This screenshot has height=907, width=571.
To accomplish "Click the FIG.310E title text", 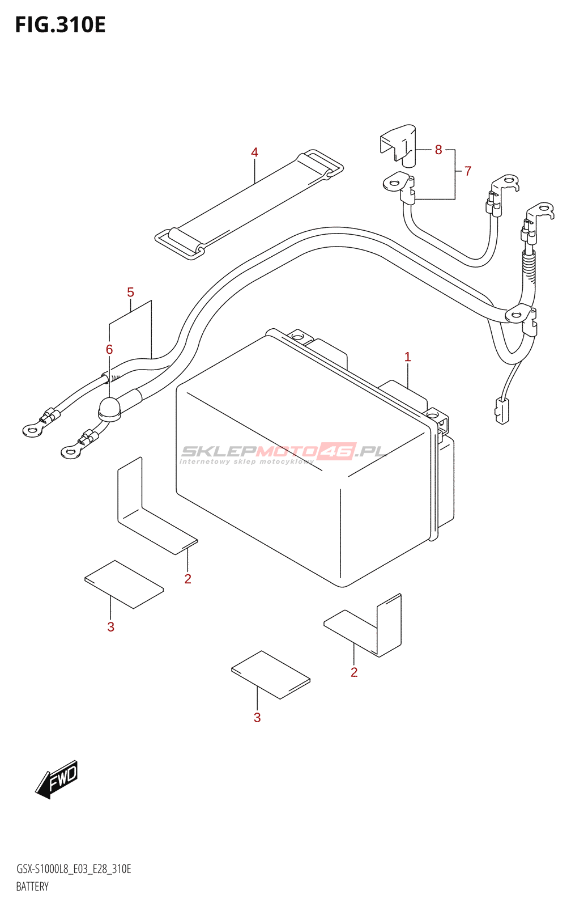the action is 60,25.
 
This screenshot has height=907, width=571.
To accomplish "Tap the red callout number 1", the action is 407,357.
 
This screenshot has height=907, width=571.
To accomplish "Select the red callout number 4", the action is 254,152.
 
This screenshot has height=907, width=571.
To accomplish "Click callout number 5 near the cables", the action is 130,293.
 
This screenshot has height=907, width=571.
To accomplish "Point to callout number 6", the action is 109,350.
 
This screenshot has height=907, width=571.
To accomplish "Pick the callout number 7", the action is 467,171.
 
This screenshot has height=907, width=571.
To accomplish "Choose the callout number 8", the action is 438,150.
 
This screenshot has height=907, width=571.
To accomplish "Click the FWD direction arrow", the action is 57,779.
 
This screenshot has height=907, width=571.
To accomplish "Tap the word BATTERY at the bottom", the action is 32,887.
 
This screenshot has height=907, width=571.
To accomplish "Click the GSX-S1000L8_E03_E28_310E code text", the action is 74,869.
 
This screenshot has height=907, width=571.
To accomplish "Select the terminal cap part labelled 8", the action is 398,145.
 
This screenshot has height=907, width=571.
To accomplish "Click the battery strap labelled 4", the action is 249,205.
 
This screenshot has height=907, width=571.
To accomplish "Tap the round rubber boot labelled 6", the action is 110,409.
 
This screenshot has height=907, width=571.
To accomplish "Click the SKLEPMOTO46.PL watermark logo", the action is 283,452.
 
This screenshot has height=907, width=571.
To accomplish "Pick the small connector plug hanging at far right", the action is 502,410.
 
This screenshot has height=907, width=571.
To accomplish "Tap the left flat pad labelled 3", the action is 123,584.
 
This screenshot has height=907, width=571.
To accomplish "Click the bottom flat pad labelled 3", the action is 271,675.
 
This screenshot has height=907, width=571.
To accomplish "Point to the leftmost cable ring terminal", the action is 32,431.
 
